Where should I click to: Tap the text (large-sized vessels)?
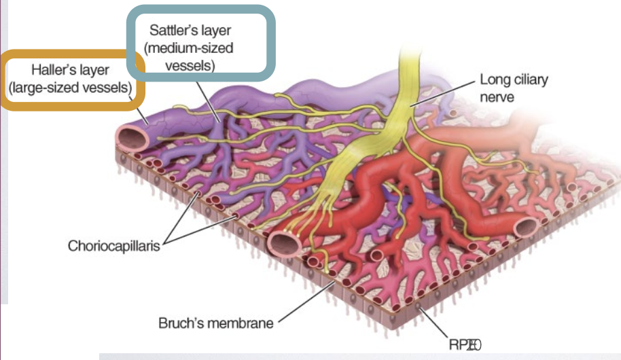click(x=70, y=88)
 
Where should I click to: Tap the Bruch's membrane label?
click(x=215, y=323)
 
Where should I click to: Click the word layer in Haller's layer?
click(x=94, y=70)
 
